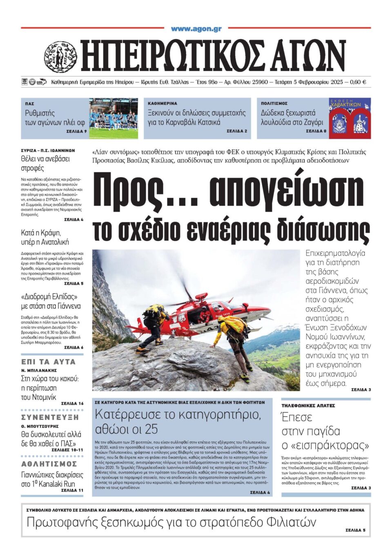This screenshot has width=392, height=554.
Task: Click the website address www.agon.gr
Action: pos(196,29)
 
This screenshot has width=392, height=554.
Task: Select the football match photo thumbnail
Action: pos(113,118)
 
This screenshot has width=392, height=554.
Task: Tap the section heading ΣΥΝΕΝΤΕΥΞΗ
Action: pos(50,417)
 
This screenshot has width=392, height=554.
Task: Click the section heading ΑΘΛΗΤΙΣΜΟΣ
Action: pos(49,464)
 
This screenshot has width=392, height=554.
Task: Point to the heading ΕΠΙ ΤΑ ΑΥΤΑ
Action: pos(48,362)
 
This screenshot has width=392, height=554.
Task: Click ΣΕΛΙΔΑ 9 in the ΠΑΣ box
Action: pos(76,131)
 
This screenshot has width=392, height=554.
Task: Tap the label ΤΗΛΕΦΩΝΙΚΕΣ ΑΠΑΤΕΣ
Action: pos(308,405)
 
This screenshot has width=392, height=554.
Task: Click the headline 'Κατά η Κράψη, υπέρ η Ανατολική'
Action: pos(45,237)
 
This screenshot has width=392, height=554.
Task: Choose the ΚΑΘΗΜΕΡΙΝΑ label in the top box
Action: pos(163,104)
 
